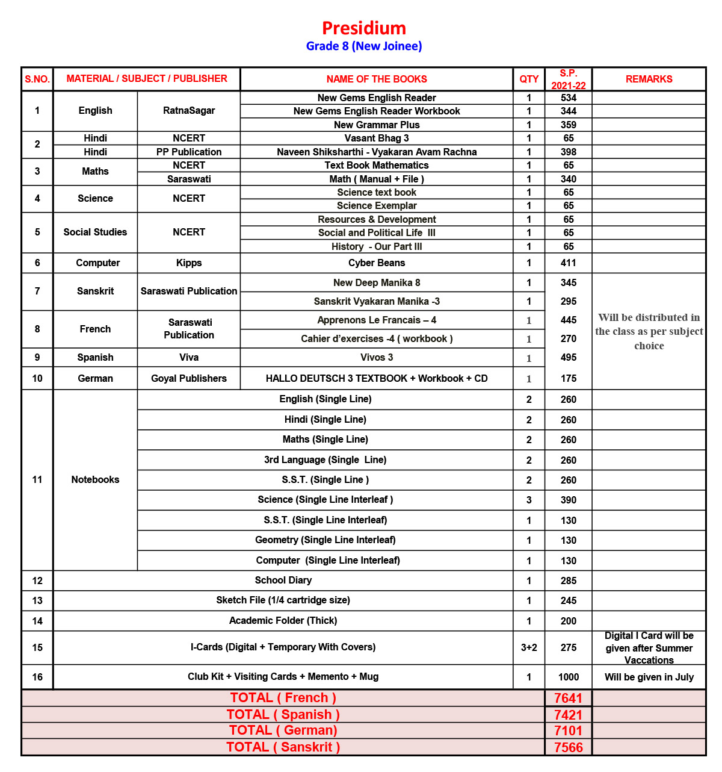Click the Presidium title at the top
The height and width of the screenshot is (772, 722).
pyautogui.click(x=364, y=28)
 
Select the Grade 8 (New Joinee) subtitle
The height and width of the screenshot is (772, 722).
pyautogui.click(x=364, y=46)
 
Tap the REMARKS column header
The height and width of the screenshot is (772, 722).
pyautogui.click(x=649, y=79)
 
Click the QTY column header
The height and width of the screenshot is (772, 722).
pyautogui.click(x=529, y=79)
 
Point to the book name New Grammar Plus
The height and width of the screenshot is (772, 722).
pyautogui.click(x=377, y=125)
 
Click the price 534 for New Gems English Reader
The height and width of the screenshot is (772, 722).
pyautogui.click(x=568, y=98)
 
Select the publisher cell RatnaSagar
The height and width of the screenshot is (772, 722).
pyautogui.click(x=189, y=110)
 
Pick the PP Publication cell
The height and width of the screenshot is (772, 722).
pyautogui.click(x=189, y=152)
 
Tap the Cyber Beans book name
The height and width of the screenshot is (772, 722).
pyautogui.click(x=377, y=263)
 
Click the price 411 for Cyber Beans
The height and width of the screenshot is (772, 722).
pyautogui.click(x=568, y=263)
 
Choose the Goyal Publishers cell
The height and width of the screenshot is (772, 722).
pyautogui.click(x=189, y=378)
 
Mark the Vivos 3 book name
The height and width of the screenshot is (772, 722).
pyautogui.click(x=377, y=357)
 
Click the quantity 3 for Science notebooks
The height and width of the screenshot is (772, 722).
pyautogui.click(x=529, y=500)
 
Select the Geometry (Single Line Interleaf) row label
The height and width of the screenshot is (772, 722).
pyautogui.click(x=326, y=540)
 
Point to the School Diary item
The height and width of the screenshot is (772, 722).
pyautogui.click(x=283, y=580)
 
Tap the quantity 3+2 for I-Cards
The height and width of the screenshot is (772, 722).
pyautogui.click(x=529, y=647)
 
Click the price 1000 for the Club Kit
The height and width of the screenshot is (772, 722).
pyautogui.click(x=568, y=677)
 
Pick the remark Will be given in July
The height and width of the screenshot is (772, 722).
pyautogui.click(x=649, y=677)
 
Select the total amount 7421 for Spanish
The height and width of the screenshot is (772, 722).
pyautogui.click(x=568, y=715)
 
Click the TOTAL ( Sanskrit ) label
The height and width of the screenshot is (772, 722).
pyautogui.click(x=283, y=747)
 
